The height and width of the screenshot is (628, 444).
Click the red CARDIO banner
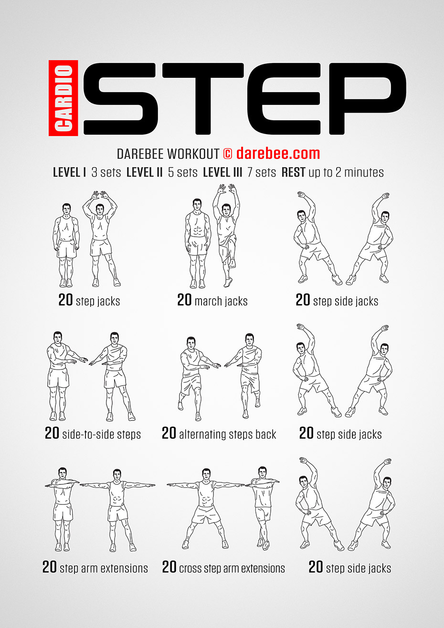click(x=63, y=98)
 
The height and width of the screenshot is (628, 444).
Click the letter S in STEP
click(x=119, y=98)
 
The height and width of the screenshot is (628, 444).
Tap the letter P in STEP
click(x=368, y=98)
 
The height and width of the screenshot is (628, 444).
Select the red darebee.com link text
click(x=278, y=153)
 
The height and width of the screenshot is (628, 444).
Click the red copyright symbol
click(x=227, y=154)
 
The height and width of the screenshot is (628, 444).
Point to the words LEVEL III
click(x=222, y=172)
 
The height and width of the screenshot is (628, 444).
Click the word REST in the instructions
click(x=293, y=172)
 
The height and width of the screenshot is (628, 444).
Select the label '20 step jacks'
click(x=89, y=300)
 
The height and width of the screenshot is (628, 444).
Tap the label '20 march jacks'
click(x=212, y=300)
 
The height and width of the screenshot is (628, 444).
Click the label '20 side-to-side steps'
click(x=93, y=433)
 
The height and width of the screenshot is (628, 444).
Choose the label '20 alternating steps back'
click(x=219, y=433)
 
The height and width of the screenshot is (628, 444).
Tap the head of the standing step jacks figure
click(x=66, y=209)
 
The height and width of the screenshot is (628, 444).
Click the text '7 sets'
click(x=262, y=172)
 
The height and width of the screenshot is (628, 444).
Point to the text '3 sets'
click(x=106, y=172)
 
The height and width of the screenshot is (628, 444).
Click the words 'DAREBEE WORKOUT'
click(x=168, y=154)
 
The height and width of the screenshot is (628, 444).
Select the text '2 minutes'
click(x=359, y=172)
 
